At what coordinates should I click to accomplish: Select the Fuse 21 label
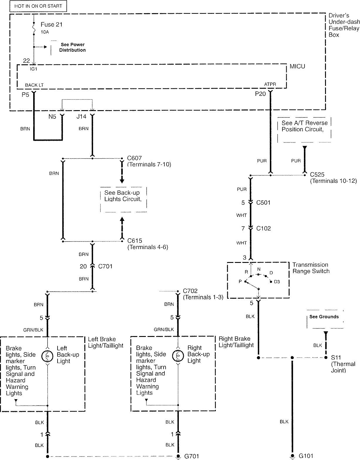[x=51, y=24]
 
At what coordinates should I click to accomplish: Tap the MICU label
[x=297, y=66]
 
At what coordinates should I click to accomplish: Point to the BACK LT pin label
[x=34, y=85]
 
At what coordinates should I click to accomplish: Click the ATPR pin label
[x=270, y=85]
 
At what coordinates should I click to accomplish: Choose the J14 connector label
[x=81, y=117]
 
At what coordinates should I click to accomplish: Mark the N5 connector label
[x=52, y=117]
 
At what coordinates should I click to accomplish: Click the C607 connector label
[x=134, y=158]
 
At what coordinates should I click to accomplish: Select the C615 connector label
[x=135, y=241]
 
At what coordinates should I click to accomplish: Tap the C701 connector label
[x=105, y=266]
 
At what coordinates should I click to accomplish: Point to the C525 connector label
[x=317, y=174]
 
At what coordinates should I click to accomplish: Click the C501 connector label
[x=263, y=203]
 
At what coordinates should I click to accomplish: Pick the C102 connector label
[x=263, y=228]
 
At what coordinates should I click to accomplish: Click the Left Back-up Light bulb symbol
[x=47, y=356]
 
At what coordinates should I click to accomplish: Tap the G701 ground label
[x=191, y=456]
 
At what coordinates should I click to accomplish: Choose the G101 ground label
[x=306, y=456]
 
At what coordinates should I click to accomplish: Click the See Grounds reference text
[x=324, y=317]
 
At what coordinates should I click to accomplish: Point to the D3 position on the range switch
[x=277, y=282]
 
